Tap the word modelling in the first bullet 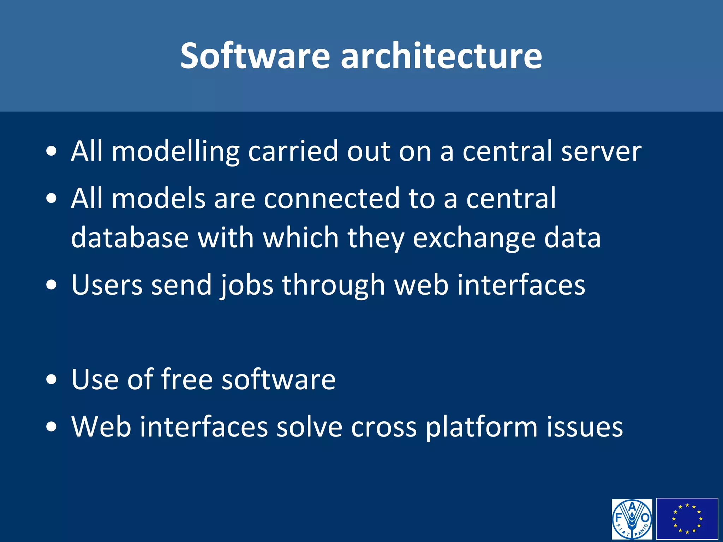175,152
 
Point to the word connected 332,199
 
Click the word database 130,238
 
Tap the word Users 107,285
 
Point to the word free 187,379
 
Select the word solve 309,427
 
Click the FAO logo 632,519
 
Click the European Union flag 687,519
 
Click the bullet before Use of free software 52,380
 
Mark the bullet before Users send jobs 52,285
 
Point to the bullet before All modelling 52,152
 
